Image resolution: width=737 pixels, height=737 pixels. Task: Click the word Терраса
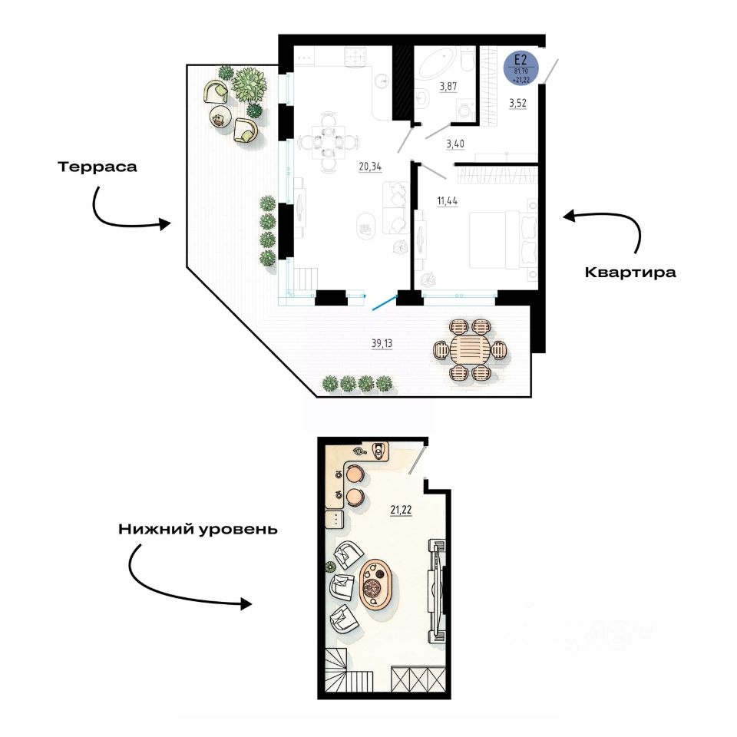97,167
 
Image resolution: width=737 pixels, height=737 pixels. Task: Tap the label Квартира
630,272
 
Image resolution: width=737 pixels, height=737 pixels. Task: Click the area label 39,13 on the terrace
382,344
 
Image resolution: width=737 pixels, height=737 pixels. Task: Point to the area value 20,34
370,164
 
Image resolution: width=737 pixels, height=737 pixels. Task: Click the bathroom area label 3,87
448,86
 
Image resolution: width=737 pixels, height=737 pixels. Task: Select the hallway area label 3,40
455,143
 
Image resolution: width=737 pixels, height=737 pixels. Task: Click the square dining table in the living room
328,141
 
